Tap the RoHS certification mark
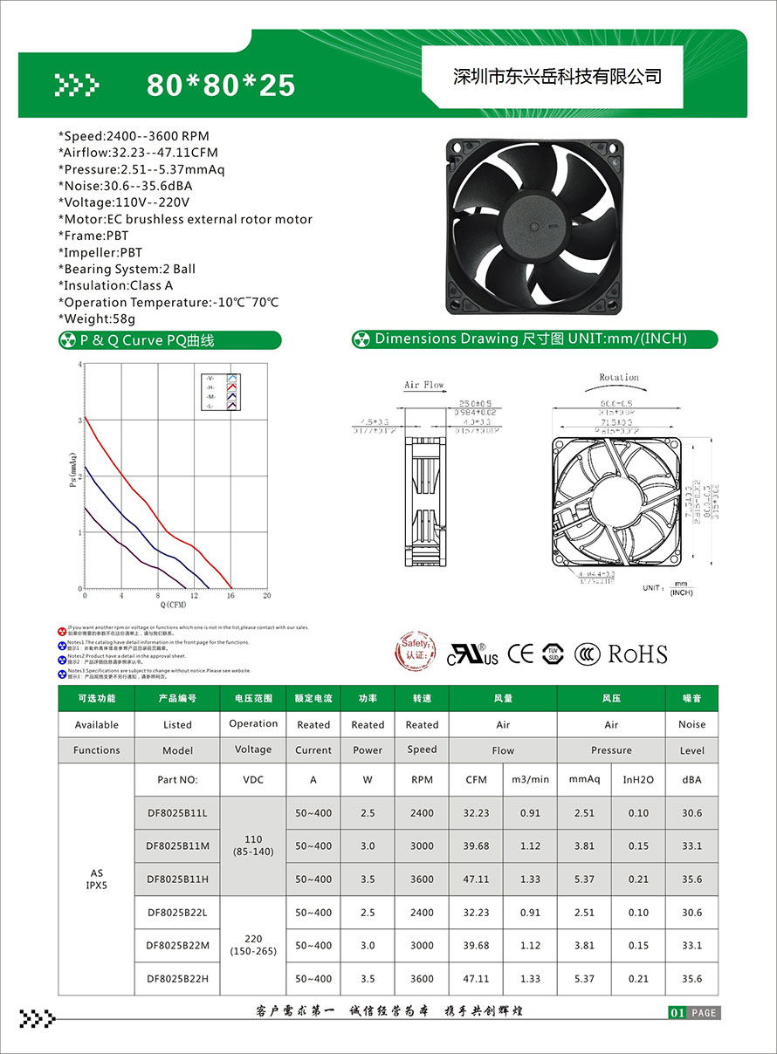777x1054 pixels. coord(637,654)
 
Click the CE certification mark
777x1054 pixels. coord(521,654)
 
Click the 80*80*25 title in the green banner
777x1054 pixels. coord(221,86)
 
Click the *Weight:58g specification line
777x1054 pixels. coord(97,318)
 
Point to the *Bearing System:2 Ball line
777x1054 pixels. coord(127,269)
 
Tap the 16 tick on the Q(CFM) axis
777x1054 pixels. coord(230,595)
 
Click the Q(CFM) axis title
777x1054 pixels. coord(173,605)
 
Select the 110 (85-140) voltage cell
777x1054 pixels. coord(253,845)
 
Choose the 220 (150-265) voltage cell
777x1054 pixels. coord(253,945)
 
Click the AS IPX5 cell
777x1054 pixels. coord(96,879)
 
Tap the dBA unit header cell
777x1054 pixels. coord(691,779)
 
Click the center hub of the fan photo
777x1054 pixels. coord(532,227)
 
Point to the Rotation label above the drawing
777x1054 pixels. coord(618,378)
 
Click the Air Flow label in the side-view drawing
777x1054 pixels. coord(423,385)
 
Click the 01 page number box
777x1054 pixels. coord(677,1013)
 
